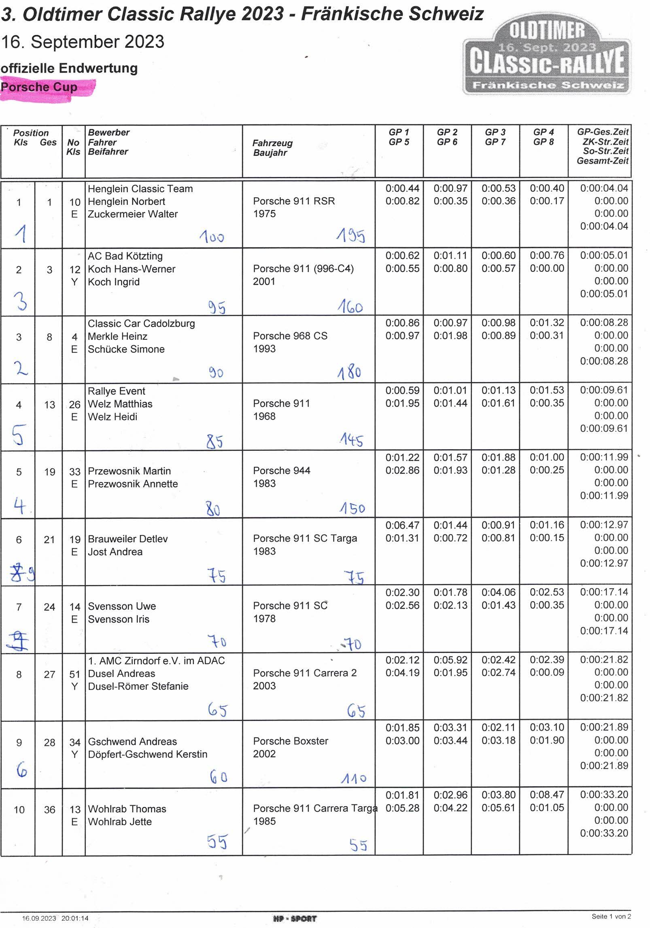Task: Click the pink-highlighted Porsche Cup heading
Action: point(39,87)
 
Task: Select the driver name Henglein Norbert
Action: point(126,201)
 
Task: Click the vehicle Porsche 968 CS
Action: point(290,336)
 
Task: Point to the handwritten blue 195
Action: point(350,235)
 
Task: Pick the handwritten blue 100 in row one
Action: point(212,237)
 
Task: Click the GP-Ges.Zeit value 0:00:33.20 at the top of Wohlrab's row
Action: point(604,794)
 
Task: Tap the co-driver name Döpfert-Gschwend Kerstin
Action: point(147,754)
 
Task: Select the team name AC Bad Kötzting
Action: point(125,256)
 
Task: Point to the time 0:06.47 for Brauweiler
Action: point(402,525)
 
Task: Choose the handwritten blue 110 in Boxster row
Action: point(353,778)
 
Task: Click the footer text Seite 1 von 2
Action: point(611,916)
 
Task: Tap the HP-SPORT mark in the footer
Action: point(295,918)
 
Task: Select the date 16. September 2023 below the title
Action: point(83,42)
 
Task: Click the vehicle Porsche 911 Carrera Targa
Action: point(315,808)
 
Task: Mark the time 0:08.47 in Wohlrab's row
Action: point(547,795)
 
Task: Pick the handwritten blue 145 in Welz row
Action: point(351,440)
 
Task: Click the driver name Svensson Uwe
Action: point(122,606)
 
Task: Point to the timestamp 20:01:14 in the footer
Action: point(75,918)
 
